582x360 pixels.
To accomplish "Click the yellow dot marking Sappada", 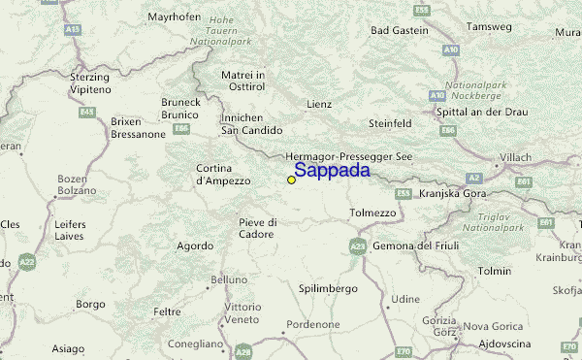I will point(291,180).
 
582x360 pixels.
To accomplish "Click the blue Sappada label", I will point(331,171).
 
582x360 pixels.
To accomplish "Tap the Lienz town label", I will point(318,104).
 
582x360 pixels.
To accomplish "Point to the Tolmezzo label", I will point(372,213).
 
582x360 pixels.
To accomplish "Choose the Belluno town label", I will point(229,279).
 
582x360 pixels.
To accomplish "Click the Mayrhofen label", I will point(175,17).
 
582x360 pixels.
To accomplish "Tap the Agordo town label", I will point(195,245).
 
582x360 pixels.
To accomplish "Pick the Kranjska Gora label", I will point(452,193).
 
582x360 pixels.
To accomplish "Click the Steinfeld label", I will point(391,123).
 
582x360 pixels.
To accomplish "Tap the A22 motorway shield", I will point(26,262).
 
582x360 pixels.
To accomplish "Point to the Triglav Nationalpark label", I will point(493,221).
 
